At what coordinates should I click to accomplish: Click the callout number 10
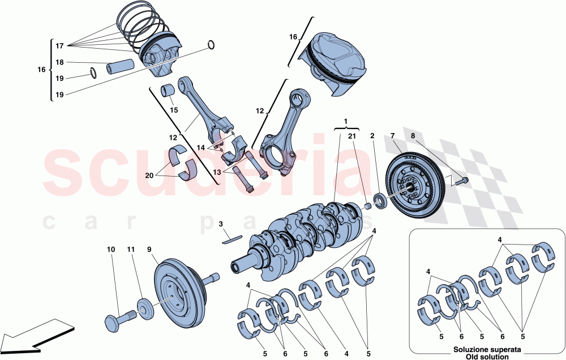pos(110,249)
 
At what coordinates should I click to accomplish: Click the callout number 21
pos(352,136)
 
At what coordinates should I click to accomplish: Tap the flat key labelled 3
pos(231,238)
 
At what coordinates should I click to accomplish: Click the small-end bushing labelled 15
pos(168,90)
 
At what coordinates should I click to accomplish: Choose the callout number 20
pos(148,175)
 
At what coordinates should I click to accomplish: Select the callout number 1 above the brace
pos(345,122)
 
